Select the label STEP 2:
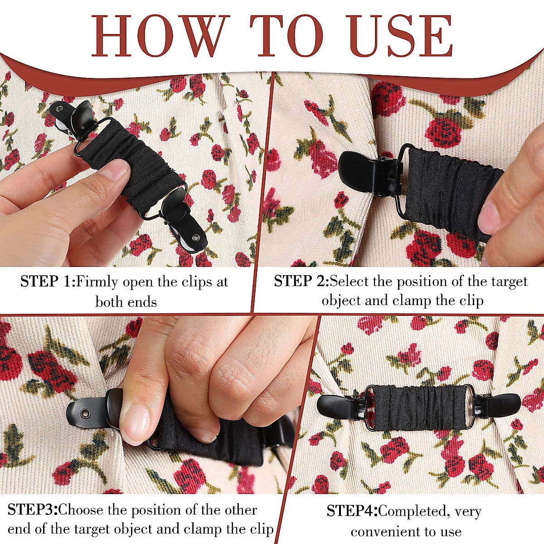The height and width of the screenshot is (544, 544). [301, 282]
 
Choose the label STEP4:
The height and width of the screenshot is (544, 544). [352, 511]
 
